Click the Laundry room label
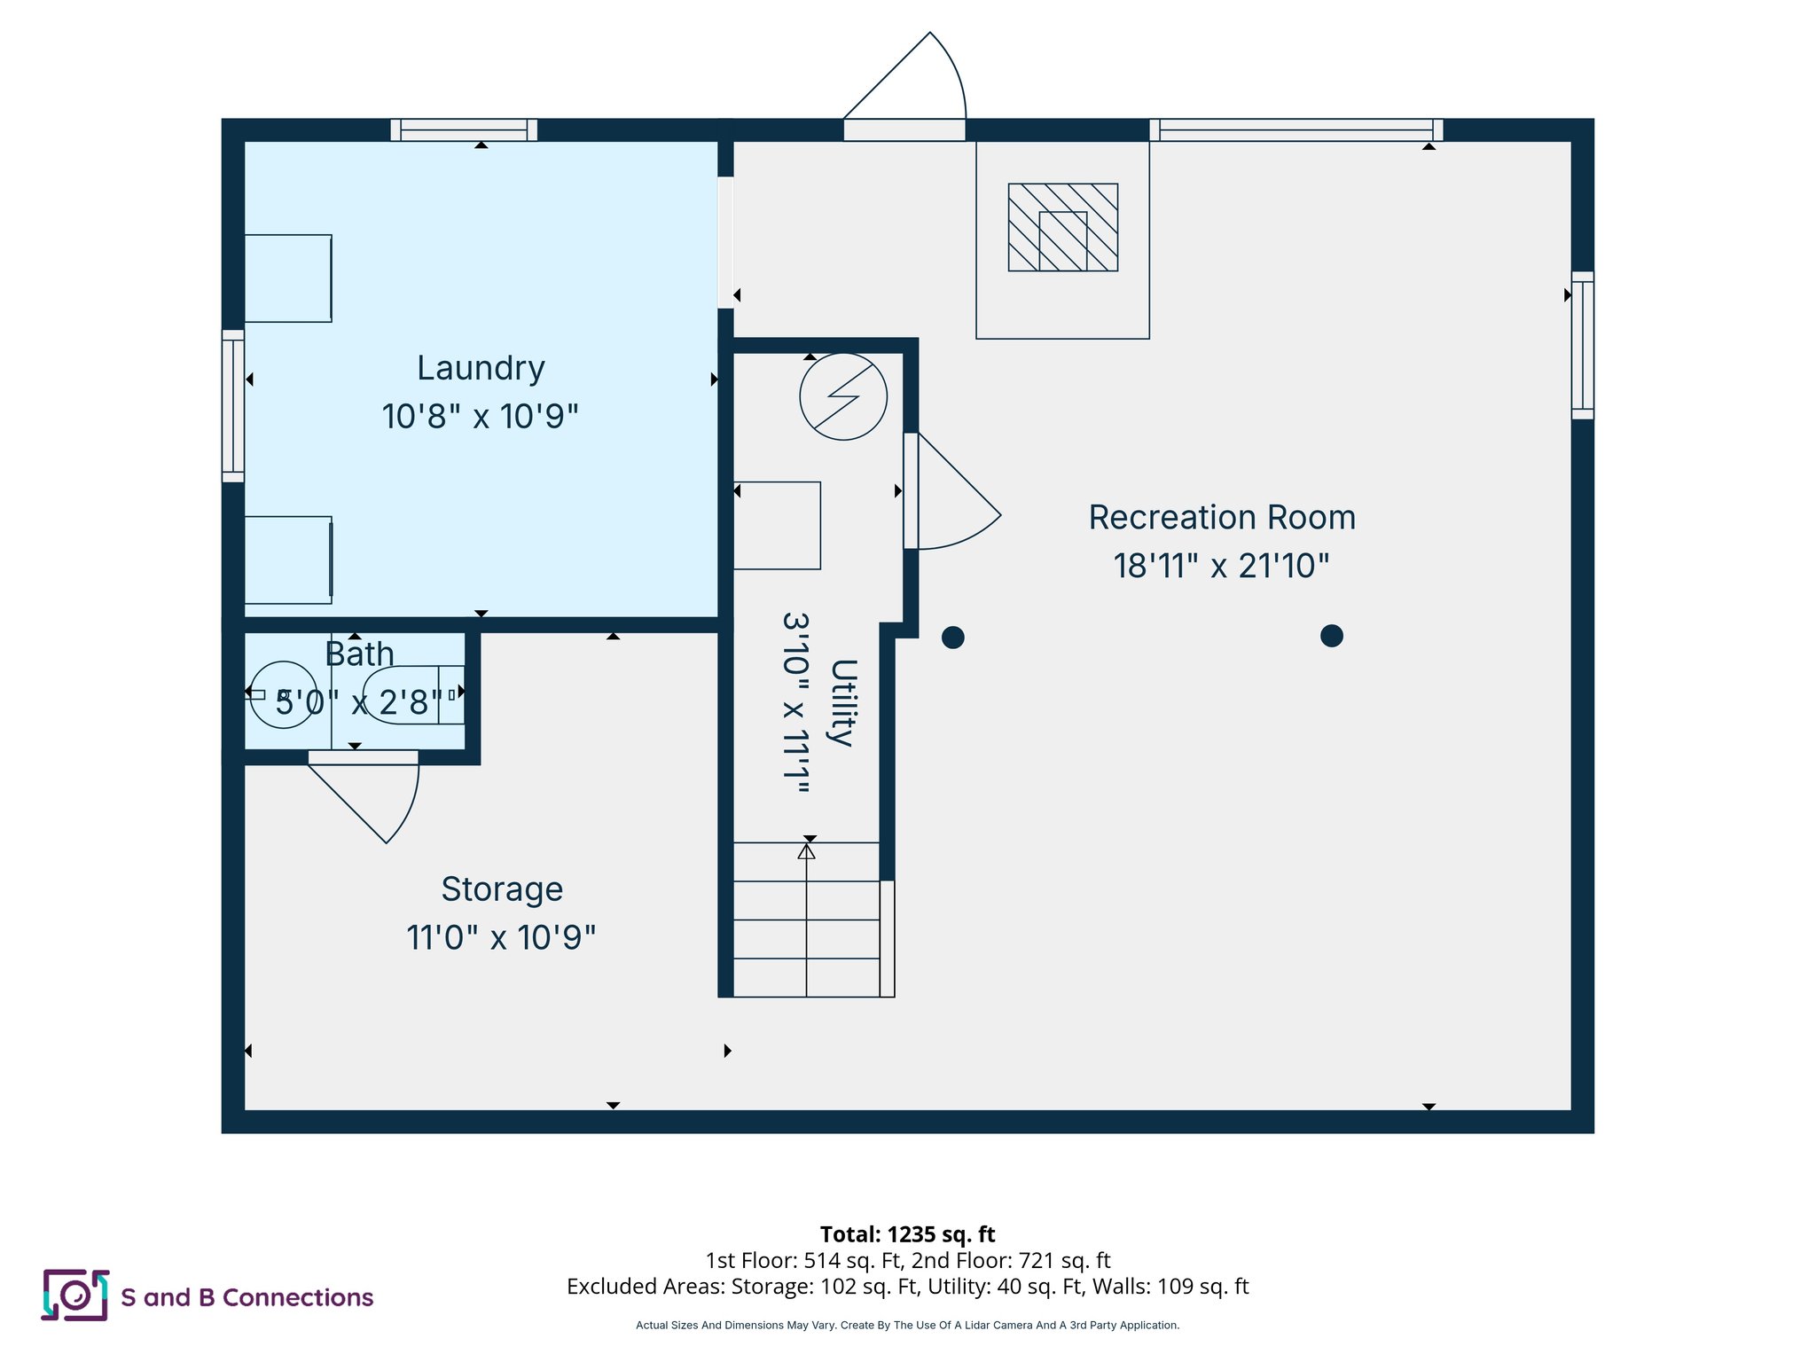point(481,368)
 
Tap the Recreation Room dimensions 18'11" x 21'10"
point(1221,566)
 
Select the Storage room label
point(502,889)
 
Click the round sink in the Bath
point(283,694)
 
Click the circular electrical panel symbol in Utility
point(843,396)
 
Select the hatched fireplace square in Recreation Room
point(1062,227)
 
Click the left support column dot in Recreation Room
point(952,637)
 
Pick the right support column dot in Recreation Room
point(1331,636)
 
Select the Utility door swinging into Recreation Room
point(953,497)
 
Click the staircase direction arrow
point(806,852)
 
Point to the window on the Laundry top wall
point(464,130)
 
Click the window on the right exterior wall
point(1582,345)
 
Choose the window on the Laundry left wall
point(232,406)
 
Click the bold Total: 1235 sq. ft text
point(907,1234)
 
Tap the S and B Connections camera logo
point(75,1295)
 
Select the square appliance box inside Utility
point(777,525)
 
